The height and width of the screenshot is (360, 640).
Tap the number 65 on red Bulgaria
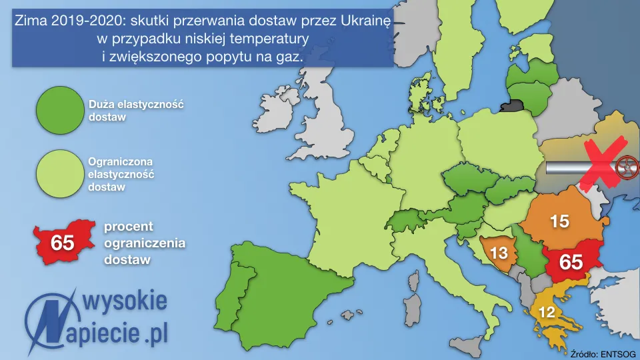point(571,262)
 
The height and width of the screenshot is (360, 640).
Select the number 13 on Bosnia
point(499,253)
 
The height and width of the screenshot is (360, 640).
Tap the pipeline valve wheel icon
point(627,167)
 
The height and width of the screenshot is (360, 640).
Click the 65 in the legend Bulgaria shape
point(62,243)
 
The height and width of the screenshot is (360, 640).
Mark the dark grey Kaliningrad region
point(513,105)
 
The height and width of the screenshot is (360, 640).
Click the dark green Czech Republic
point(464,180)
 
